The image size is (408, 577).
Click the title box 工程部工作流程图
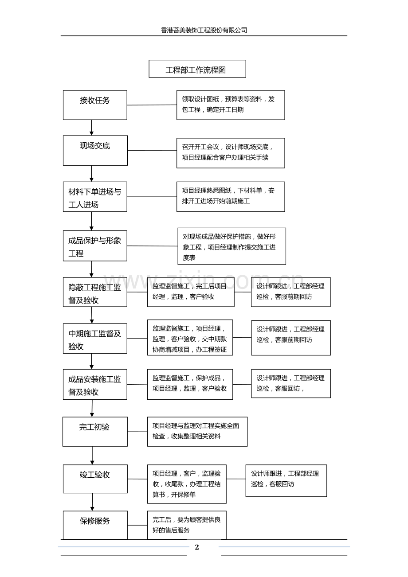point(197,69)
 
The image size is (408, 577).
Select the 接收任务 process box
point(95,105)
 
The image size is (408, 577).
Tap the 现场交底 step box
point(95,150)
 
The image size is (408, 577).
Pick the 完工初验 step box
point(95,431)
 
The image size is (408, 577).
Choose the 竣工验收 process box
point(95,479)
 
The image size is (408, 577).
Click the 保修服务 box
point(95,525)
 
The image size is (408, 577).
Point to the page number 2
point(197,547)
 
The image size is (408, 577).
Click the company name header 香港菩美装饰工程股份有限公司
point(204,30)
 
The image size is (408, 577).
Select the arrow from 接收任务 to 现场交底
point(92,128)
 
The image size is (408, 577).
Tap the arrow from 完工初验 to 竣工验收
point(92,456)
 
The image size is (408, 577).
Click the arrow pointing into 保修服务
point(92,502)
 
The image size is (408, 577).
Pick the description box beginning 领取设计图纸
point(230,105)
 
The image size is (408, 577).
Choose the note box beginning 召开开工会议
point(230,153)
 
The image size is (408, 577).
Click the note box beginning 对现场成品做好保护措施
point(231,246)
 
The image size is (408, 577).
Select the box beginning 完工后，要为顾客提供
point(187,525)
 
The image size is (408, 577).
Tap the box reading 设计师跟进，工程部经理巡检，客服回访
point(286,480)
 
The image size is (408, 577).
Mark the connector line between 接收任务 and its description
point(152,105)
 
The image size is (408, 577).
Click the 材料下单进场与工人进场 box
point(95,197)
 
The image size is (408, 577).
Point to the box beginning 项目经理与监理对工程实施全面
point(197,431)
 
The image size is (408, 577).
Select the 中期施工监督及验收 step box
point(95,339)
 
